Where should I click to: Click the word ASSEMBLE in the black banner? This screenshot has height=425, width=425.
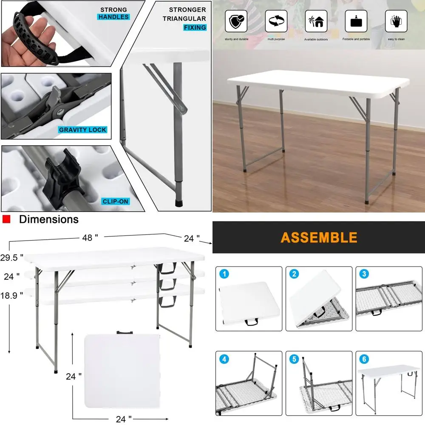(319, 238)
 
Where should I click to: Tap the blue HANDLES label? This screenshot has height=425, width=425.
(113, 17)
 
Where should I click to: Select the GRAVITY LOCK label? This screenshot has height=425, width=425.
(82, 130)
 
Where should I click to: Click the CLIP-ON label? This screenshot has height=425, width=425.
(116, 201)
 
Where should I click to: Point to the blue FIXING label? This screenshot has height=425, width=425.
(195, 27)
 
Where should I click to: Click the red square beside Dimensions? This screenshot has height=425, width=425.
(6, 219)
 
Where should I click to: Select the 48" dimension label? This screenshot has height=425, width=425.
(90, 238)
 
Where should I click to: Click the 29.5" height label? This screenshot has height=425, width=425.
(11, 258)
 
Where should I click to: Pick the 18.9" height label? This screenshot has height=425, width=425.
(11, 295)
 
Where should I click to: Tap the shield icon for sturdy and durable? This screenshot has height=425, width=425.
(236, 21)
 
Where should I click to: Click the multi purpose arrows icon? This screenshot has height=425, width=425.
(276, 21)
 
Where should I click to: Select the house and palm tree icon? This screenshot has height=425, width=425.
(316, 21)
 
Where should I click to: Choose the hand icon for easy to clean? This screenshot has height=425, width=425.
(396, 21)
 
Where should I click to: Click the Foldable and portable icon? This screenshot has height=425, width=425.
(356, 21)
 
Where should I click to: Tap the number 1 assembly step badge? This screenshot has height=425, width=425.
(224, 274)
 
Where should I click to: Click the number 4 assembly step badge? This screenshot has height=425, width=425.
(224, 359)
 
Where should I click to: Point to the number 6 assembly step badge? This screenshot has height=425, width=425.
(364, 359)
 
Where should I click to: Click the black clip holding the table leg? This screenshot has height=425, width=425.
(62, 178)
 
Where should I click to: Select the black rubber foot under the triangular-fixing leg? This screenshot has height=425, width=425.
(178, 203)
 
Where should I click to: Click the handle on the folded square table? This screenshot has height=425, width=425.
(125, 333)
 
